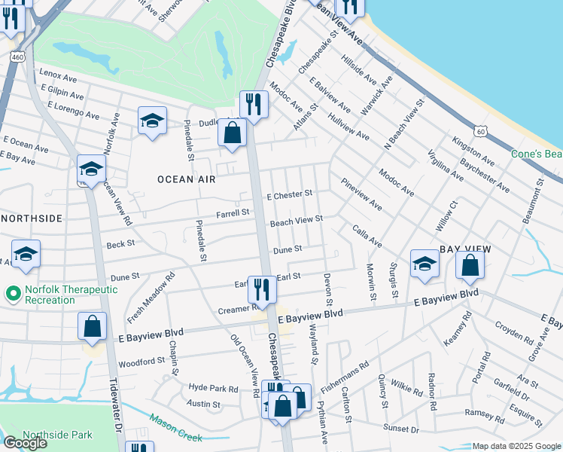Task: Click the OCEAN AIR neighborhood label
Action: pos(186,179)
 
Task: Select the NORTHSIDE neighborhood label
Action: pos(32,218)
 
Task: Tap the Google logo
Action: pos(25,443)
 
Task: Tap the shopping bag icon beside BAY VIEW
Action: pos(470,265)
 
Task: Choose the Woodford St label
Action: pos(142,362)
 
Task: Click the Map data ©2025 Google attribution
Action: pos(516,446)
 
